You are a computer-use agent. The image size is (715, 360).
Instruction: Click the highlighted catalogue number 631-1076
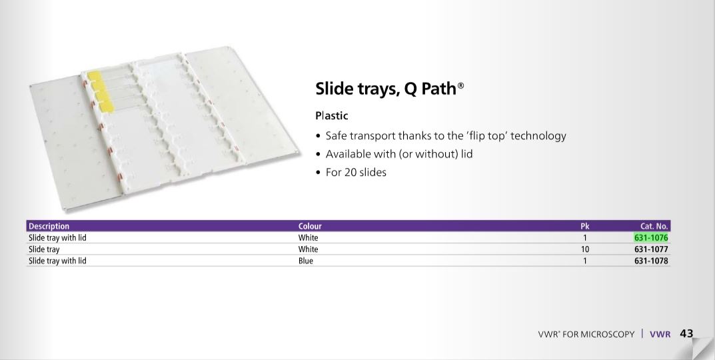651,238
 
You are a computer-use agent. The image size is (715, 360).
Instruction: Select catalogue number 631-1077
651,249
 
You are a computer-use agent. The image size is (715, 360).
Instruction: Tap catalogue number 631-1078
651,261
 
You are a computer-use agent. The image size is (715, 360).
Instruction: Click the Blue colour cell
305,261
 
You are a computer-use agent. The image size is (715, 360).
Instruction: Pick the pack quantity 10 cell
585,249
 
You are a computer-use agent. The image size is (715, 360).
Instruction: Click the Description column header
49,226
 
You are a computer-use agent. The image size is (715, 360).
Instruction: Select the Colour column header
310,226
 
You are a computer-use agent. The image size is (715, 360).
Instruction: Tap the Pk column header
585,226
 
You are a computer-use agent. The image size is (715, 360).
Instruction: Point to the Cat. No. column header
654,226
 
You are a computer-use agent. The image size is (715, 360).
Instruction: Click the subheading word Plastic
331,116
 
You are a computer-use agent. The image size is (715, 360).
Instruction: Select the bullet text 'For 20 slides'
356,173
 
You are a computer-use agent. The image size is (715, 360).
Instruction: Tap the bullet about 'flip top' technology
446,136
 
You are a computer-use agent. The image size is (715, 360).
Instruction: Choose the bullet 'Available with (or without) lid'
399,154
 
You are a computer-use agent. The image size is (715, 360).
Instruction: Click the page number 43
686,333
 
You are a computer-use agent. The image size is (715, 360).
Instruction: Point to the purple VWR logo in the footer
660,334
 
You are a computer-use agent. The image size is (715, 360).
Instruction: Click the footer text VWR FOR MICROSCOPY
586,335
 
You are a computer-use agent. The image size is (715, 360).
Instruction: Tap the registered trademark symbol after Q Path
460,85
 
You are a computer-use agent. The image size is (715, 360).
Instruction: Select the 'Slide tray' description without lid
44,249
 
